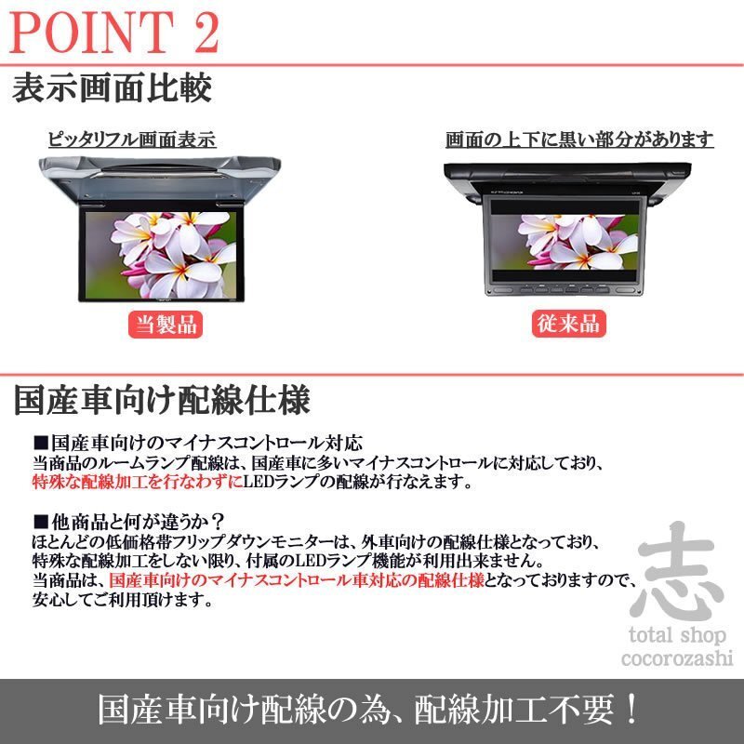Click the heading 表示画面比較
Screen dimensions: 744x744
(112, 89)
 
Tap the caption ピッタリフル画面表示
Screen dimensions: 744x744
(132, 140)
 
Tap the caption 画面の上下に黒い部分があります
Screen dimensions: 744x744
(579, 140)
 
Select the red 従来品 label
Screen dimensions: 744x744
(568, 324)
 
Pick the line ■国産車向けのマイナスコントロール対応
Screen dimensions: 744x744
(197, 443)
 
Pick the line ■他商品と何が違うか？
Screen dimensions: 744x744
(131, 519)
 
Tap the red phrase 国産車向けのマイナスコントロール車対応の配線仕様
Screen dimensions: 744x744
(296, 580)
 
